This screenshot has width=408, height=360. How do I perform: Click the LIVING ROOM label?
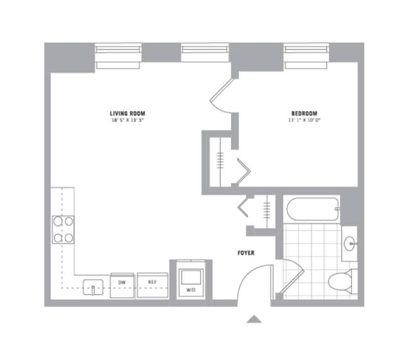[127, 114]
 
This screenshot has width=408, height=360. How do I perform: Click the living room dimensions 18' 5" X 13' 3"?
[127, 120]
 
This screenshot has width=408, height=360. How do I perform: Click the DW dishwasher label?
[122, 282]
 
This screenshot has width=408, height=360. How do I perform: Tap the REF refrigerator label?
[151, 282]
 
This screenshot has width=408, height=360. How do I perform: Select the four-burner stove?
[62, 229]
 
